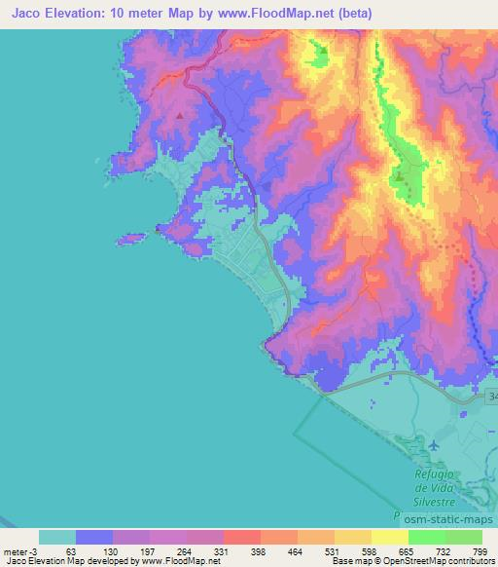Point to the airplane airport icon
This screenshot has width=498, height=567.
(432, 446)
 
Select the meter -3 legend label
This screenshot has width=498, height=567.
(18, 550)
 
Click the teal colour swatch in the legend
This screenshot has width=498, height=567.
(57, 537)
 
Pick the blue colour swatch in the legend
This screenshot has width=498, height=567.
(94, 537)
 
